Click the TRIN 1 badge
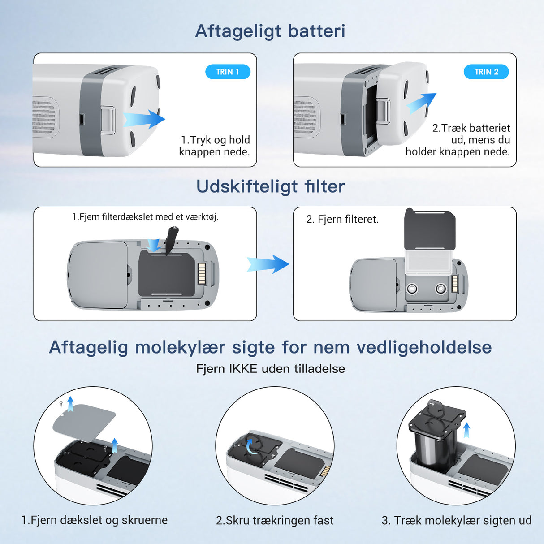pos(228,72)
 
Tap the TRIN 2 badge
pos(486,72)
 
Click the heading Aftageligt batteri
pos(270,31)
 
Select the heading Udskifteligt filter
pos(270,186)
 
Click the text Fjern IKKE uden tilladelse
pos(270,369)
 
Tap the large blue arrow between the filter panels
pos(268,264)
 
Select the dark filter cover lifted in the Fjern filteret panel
pos(430,229)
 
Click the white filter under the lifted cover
pos(429,262)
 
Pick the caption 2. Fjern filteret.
pos(342,219)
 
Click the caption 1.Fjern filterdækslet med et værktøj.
pos(145,217)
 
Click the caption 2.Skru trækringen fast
pos(275,520)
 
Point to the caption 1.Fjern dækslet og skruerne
pos(95,520)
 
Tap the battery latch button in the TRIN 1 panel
pos(108,120)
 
